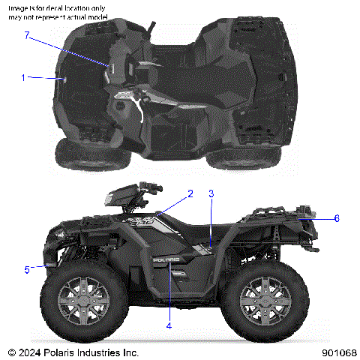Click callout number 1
tap(23, 76)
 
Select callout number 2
tap(190, 193)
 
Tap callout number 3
tap(211, 193)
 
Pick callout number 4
tap(169, 325)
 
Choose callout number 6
tap(337, 218)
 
